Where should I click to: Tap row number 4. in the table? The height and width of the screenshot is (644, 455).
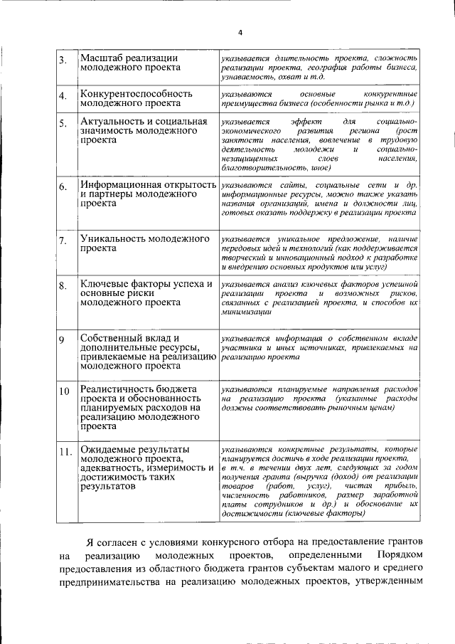tap(63, 96)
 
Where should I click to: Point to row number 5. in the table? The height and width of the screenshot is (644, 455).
tap(63, 124)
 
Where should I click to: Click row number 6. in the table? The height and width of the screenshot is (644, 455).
tap(63, 187)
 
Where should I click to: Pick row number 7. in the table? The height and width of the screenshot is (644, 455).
tap(63, 240)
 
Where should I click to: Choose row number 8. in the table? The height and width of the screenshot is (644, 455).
tap(63, 286)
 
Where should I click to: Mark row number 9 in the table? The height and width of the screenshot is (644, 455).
tap(62, 339)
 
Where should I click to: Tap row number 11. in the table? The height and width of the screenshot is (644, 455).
tap(64, 452)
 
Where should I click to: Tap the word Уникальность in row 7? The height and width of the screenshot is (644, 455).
tap(116, 238)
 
